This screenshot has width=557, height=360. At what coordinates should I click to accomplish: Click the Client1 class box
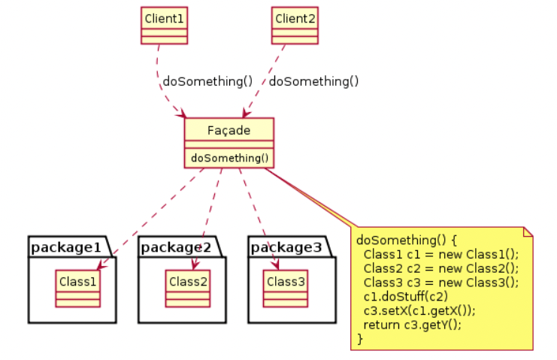164,26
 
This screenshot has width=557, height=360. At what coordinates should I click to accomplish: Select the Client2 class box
295,26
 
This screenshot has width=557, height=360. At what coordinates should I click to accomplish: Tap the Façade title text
229,131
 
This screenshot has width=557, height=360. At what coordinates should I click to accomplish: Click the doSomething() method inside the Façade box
229,158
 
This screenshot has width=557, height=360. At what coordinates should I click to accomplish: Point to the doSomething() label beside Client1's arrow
207,81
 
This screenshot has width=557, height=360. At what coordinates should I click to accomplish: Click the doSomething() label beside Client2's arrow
313,81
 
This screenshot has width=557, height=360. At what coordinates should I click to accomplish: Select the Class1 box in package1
77,289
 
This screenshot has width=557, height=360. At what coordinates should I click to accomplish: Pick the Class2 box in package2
188,289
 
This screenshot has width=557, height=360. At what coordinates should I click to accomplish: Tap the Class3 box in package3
286,289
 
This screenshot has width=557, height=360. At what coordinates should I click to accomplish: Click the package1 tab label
66,247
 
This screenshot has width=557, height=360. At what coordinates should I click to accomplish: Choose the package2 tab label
176,247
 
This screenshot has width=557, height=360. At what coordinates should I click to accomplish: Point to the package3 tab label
286,247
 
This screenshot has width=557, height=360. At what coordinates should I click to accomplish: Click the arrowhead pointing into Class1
101,265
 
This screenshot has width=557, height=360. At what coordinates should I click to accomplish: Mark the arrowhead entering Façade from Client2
246,113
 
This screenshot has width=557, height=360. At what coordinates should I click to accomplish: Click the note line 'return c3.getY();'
413,325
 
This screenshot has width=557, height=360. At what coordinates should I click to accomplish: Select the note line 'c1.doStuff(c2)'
406,296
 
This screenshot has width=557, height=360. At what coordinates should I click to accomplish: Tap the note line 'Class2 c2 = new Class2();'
441,268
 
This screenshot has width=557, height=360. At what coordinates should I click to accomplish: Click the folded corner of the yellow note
528,231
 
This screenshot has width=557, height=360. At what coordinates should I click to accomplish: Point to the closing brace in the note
360,339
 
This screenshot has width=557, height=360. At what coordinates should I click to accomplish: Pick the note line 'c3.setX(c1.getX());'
419,310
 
